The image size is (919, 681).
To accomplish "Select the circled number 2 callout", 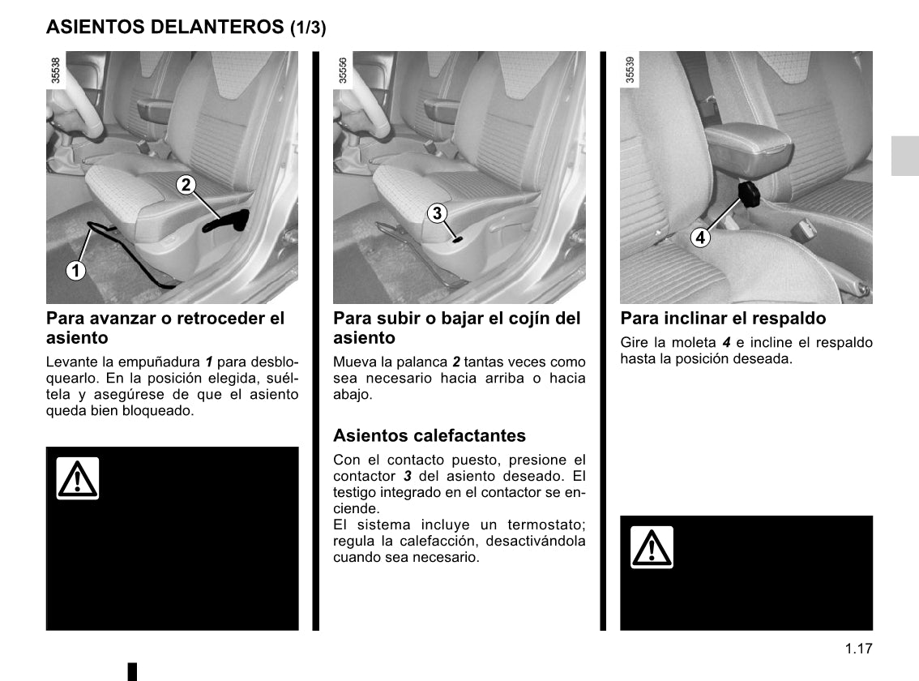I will pyautogui.click(x=186, y=185).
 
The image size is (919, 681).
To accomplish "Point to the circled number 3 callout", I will pyautogui.click(x=437, y=213).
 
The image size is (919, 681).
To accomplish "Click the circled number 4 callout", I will pyautogui.click(x=699, y=238).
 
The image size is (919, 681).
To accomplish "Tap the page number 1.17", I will pyautogui.click(x=857, y=649).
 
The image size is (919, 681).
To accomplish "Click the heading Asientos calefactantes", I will pyautogui.click(x=430, y=436).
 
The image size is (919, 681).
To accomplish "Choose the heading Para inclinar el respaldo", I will pyautogui.click(x=723, y=319).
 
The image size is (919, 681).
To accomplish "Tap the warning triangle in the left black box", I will pyautogui.click(x=78, y=478).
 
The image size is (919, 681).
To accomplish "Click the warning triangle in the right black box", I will pyautogui.click(x=652, y=547).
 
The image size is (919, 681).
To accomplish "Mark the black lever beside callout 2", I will pyautogui.click(x=227, y=221).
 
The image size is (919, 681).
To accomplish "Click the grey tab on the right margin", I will pyautogui.click(x=904, y=156).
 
